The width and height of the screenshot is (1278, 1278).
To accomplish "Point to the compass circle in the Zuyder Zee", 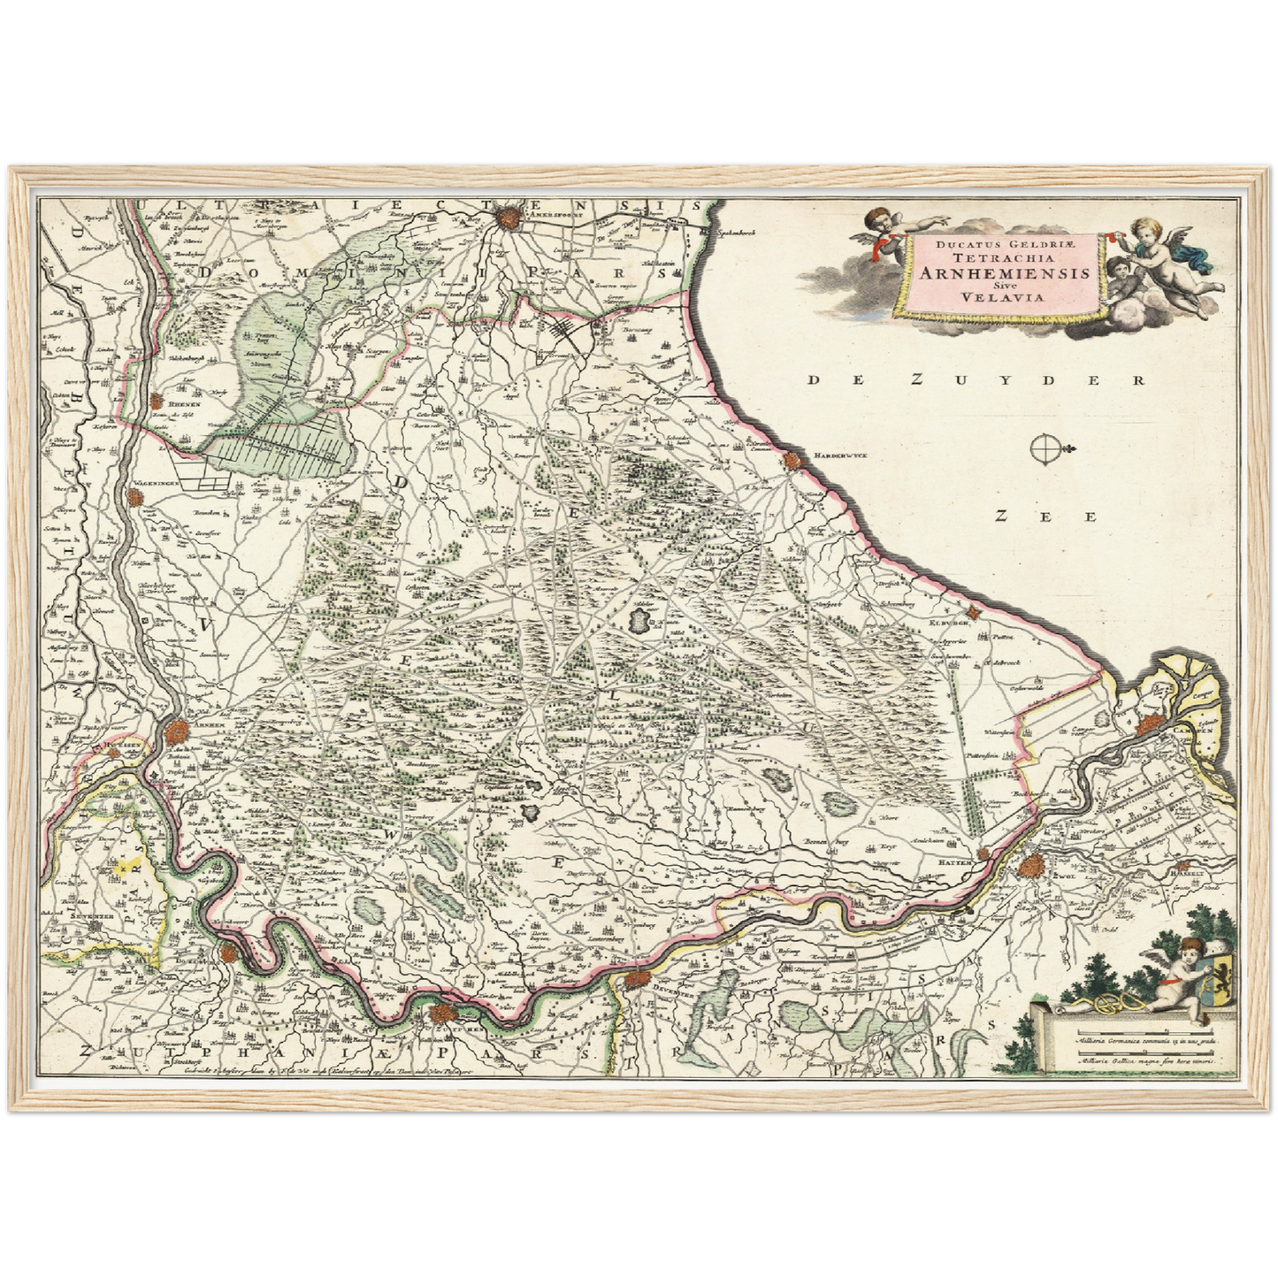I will (1045, 449).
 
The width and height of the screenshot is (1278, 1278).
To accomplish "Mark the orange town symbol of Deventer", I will (637, 980).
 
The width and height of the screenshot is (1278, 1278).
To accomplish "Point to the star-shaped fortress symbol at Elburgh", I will (974, 612).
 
